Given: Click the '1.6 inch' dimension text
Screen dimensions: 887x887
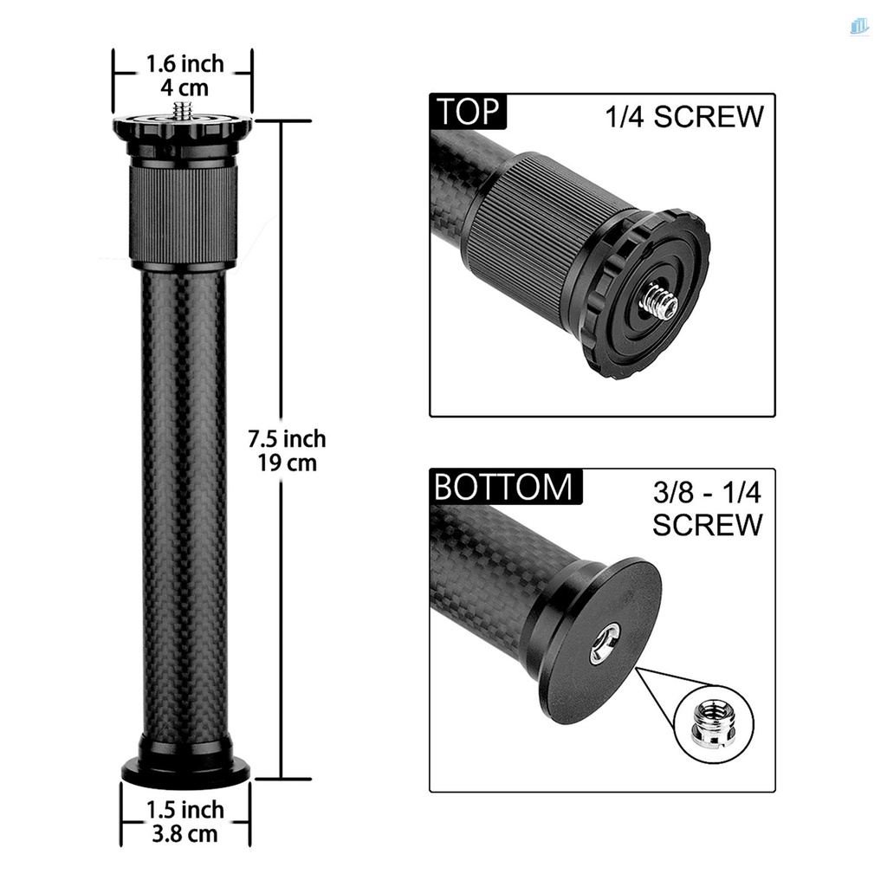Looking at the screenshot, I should (185, 64).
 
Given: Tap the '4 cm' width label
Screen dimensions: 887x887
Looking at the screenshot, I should (184, 87).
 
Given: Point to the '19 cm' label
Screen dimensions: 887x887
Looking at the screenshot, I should (288, 463).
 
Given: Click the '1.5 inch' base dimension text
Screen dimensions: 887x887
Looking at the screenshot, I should (184, 810).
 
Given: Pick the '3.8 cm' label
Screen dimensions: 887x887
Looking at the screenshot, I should (184, 834).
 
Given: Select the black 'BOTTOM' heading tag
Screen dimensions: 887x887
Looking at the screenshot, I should (504, 487).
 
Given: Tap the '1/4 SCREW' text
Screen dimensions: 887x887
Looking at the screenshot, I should (684, 118).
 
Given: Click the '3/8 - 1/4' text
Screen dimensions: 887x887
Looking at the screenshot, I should (706, 494).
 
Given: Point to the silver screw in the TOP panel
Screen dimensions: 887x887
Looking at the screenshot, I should (660, 302).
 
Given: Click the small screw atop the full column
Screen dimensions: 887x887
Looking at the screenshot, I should (183, 110).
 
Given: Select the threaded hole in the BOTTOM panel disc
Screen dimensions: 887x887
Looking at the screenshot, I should (605, 643).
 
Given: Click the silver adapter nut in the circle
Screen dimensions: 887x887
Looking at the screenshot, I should (710, 719).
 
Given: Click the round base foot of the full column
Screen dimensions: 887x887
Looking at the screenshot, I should (185, 769).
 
